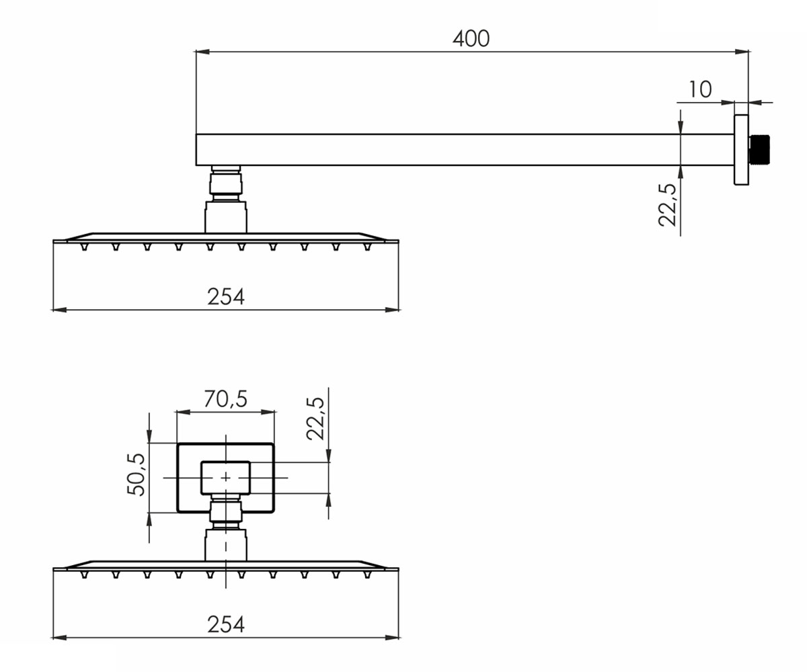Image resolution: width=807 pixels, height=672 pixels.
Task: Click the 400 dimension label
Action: [471, 38]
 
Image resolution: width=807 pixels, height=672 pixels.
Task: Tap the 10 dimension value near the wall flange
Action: [700, 89]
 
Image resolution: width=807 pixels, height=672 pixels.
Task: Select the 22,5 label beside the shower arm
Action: [667, 205]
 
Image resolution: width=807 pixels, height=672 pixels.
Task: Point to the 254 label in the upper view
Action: [226, 296]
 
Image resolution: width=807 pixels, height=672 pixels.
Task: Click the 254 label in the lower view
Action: [226, 624]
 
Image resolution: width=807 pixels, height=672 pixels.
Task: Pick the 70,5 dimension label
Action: [225, 399]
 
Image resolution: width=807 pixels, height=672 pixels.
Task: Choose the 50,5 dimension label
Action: [136, 474]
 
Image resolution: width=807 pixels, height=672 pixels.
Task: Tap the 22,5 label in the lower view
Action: [315, 419]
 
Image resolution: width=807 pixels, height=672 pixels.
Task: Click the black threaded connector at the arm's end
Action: [759, 149]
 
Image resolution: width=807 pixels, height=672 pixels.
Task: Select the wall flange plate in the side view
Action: [741, 149]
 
